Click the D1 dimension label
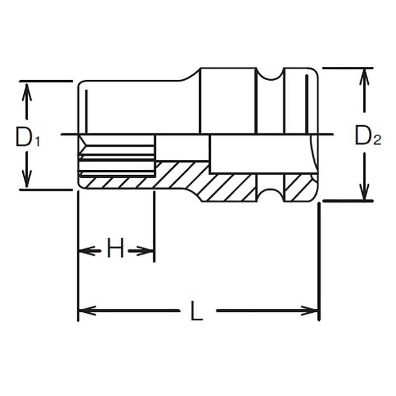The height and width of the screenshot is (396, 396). pyautogui.click(x=27, y=137)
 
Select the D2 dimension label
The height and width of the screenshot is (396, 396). pyautogui.click(x=367, y=136)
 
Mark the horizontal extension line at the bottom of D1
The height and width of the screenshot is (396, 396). pyautogui.click(x=45, y=189)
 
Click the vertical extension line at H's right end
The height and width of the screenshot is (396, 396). pyautogui.click(x=154, y=228)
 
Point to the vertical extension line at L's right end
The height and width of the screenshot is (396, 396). pyautogui.click(x=318, y=257)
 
